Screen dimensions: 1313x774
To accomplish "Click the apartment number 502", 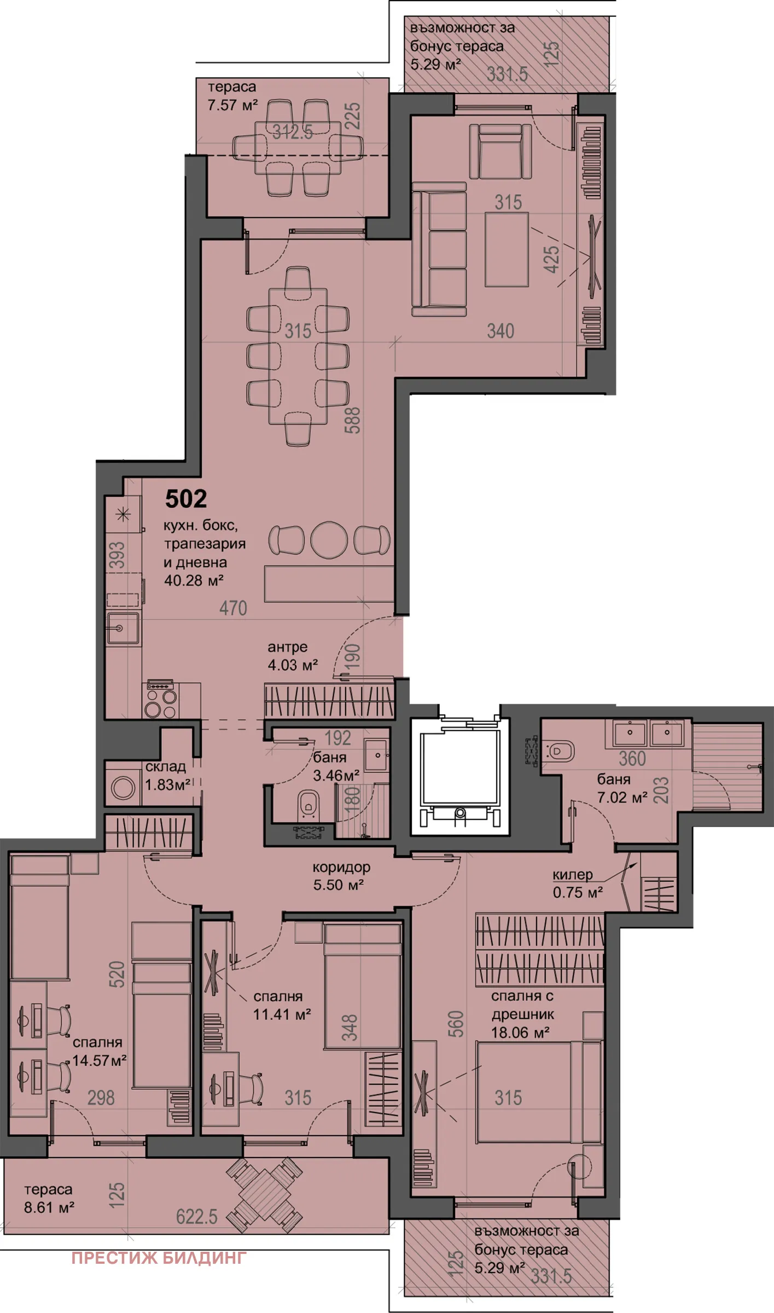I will [x=186, y=498].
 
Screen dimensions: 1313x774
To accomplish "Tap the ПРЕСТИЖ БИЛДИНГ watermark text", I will [x=159, y=1258].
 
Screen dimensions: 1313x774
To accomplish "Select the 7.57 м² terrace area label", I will [x=232, y=104].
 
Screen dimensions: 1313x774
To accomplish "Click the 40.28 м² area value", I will [x=194, y=580].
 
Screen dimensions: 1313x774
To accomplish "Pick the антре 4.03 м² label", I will [x=293, y=656].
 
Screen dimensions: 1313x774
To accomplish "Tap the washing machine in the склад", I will [x=123, y=788].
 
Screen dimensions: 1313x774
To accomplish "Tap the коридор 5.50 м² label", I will [x=341, y=876].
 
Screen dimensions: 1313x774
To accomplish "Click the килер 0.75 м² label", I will [x=577, y=884].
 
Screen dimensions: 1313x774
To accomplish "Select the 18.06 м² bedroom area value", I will [x=520, y=1032].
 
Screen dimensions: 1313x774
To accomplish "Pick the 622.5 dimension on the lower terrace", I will [x=196, y=1216].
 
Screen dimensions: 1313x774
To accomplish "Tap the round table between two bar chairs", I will [x=329, y=540].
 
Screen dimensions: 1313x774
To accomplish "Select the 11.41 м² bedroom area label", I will [x=282, y=1013].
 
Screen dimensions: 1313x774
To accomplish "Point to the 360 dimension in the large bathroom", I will [x=632, y=759].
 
